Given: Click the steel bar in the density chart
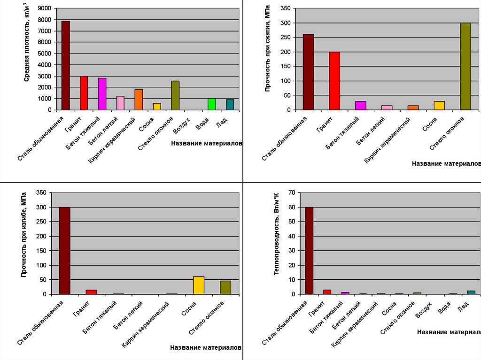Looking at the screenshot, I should pyautogui.click(x=65, y=65).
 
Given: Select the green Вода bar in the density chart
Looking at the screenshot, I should pyautogui.click(x=212, y=104).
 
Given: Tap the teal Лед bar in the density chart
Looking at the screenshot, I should pyautogui.click(x=230, y=105).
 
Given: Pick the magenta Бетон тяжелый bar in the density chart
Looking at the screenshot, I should pyautogui.click(x=102, y=94).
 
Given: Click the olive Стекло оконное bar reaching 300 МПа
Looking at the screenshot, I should pyautogui.click(x=465, y=66).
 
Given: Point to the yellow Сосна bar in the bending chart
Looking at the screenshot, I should pyautogui.click(x=199, y=285).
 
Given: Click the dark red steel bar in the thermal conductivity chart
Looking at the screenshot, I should pyautogui.click(x=309, y=251).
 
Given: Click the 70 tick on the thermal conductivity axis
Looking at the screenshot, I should pyautogui.click(x=291, y=192).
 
